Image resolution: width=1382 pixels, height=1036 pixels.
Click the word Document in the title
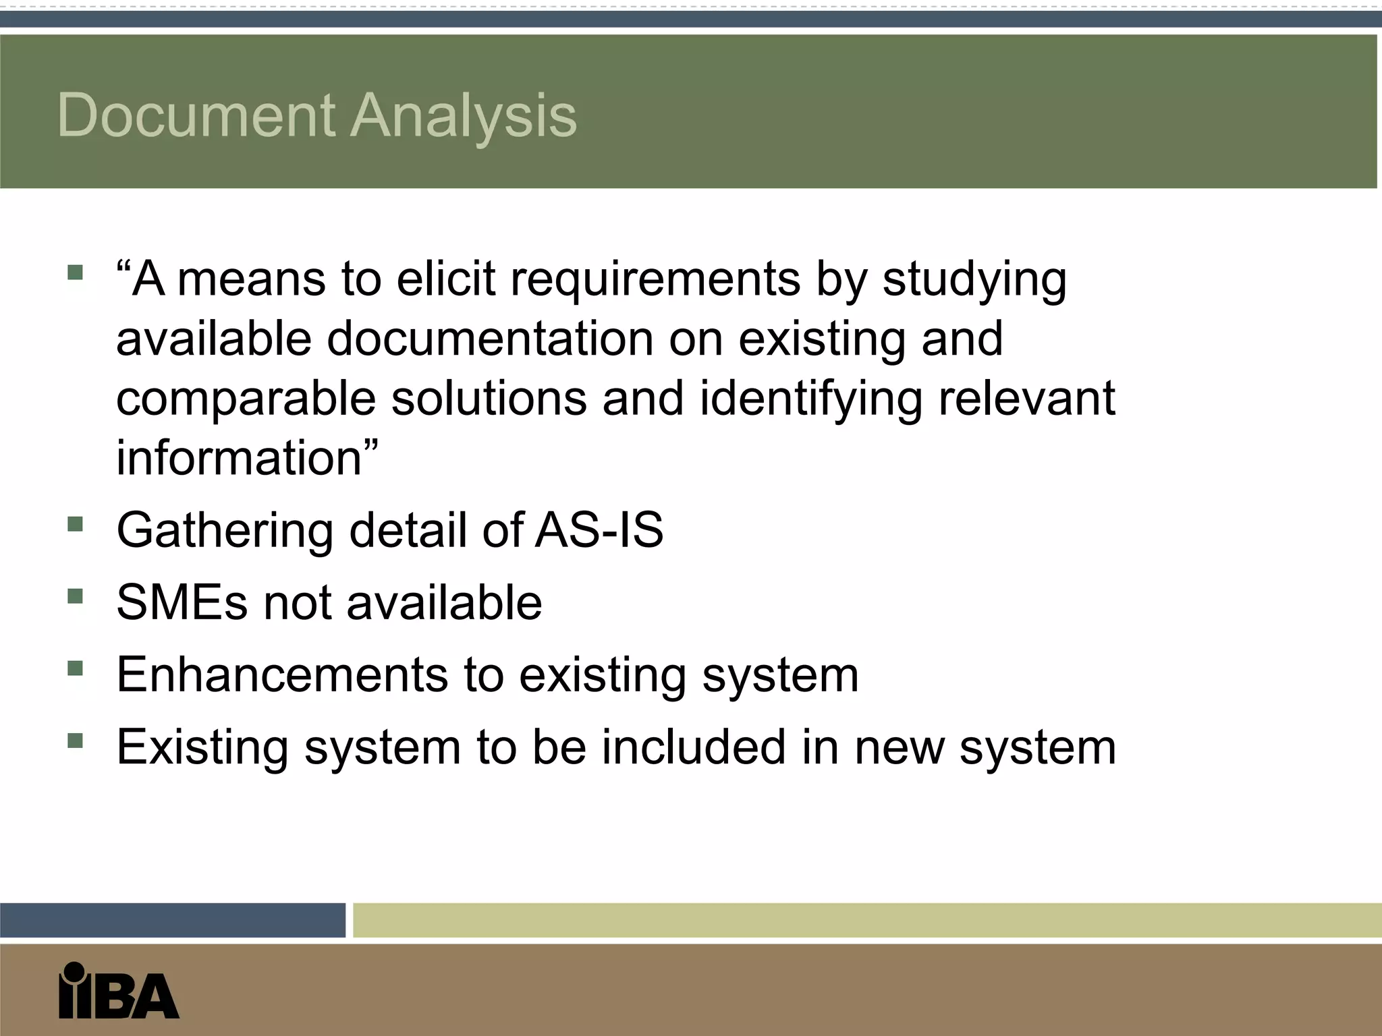[196, 115]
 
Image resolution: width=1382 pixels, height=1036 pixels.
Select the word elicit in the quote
[445, 279]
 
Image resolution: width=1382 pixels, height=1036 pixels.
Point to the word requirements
[655, 280]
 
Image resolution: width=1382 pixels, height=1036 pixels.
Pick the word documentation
[490, 338]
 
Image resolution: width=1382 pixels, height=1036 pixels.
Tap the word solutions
[489, 398]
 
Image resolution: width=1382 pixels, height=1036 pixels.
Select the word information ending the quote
[240, 457]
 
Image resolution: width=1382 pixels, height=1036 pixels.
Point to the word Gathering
[225, 531]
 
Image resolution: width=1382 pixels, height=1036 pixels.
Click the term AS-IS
[599, 529]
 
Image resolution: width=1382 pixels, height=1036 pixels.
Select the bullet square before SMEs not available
[75, 596]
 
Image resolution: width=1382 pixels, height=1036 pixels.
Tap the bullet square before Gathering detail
[75, 524]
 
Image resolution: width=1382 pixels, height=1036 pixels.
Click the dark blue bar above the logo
[172, 920]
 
